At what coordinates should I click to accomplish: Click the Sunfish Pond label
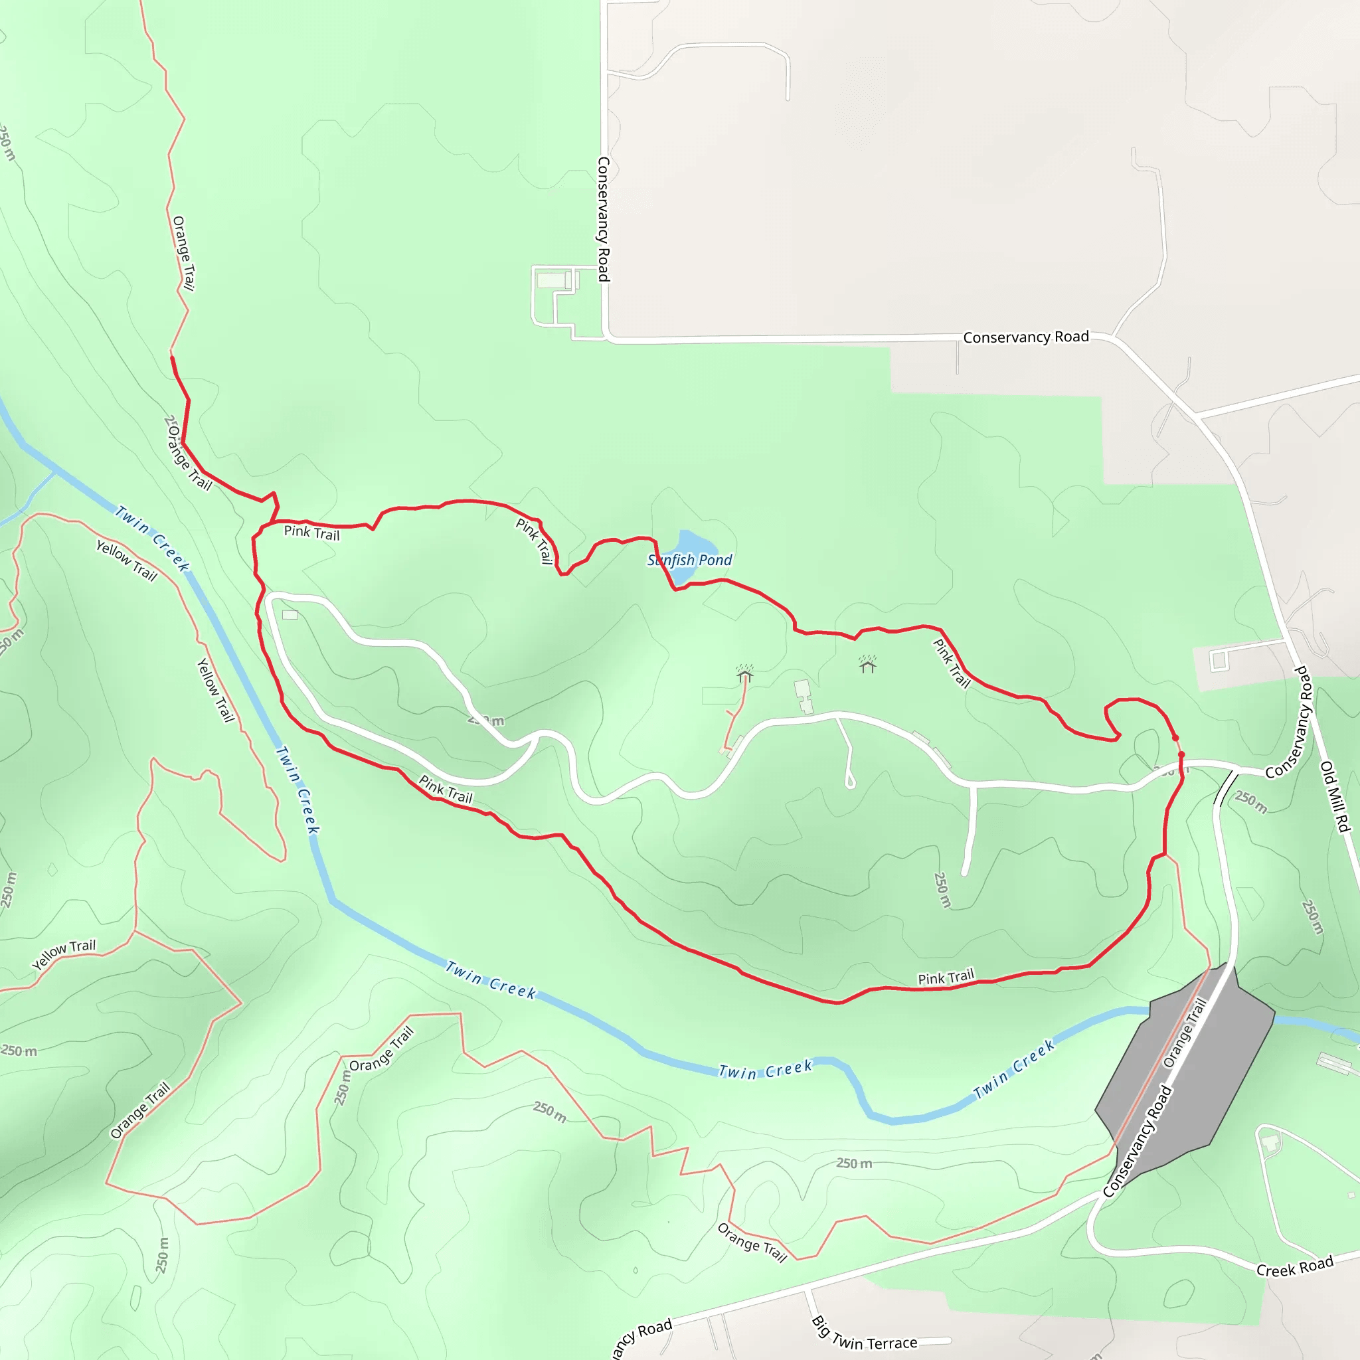(689, 560)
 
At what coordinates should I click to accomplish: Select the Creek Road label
(1294, 1266)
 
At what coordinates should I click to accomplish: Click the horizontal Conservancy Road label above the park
(1025, 337)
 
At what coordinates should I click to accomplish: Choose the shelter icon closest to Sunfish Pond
(745, 675)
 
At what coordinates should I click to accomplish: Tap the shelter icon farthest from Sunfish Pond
(867, 665)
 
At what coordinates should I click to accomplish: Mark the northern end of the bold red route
(173, 359)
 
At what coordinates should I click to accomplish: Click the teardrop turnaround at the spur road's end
(851, 782)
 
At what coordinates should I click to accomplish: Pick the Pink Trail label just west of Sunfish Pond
(535, 541)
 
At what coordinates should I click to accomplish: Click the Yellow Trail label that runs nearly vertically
(214, 690)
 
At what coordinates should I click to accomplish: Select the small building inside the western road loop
(290, 615)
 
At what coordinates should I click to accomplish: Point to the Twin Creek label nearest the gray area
(1013, 1069)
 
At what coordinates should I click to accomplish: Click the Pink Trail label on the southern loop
(946, 977)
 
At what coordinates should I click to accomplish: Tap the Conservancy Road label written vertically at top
(603, 219)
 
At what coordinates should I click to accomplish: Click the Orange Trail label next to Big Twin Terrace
(752, 1243)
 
